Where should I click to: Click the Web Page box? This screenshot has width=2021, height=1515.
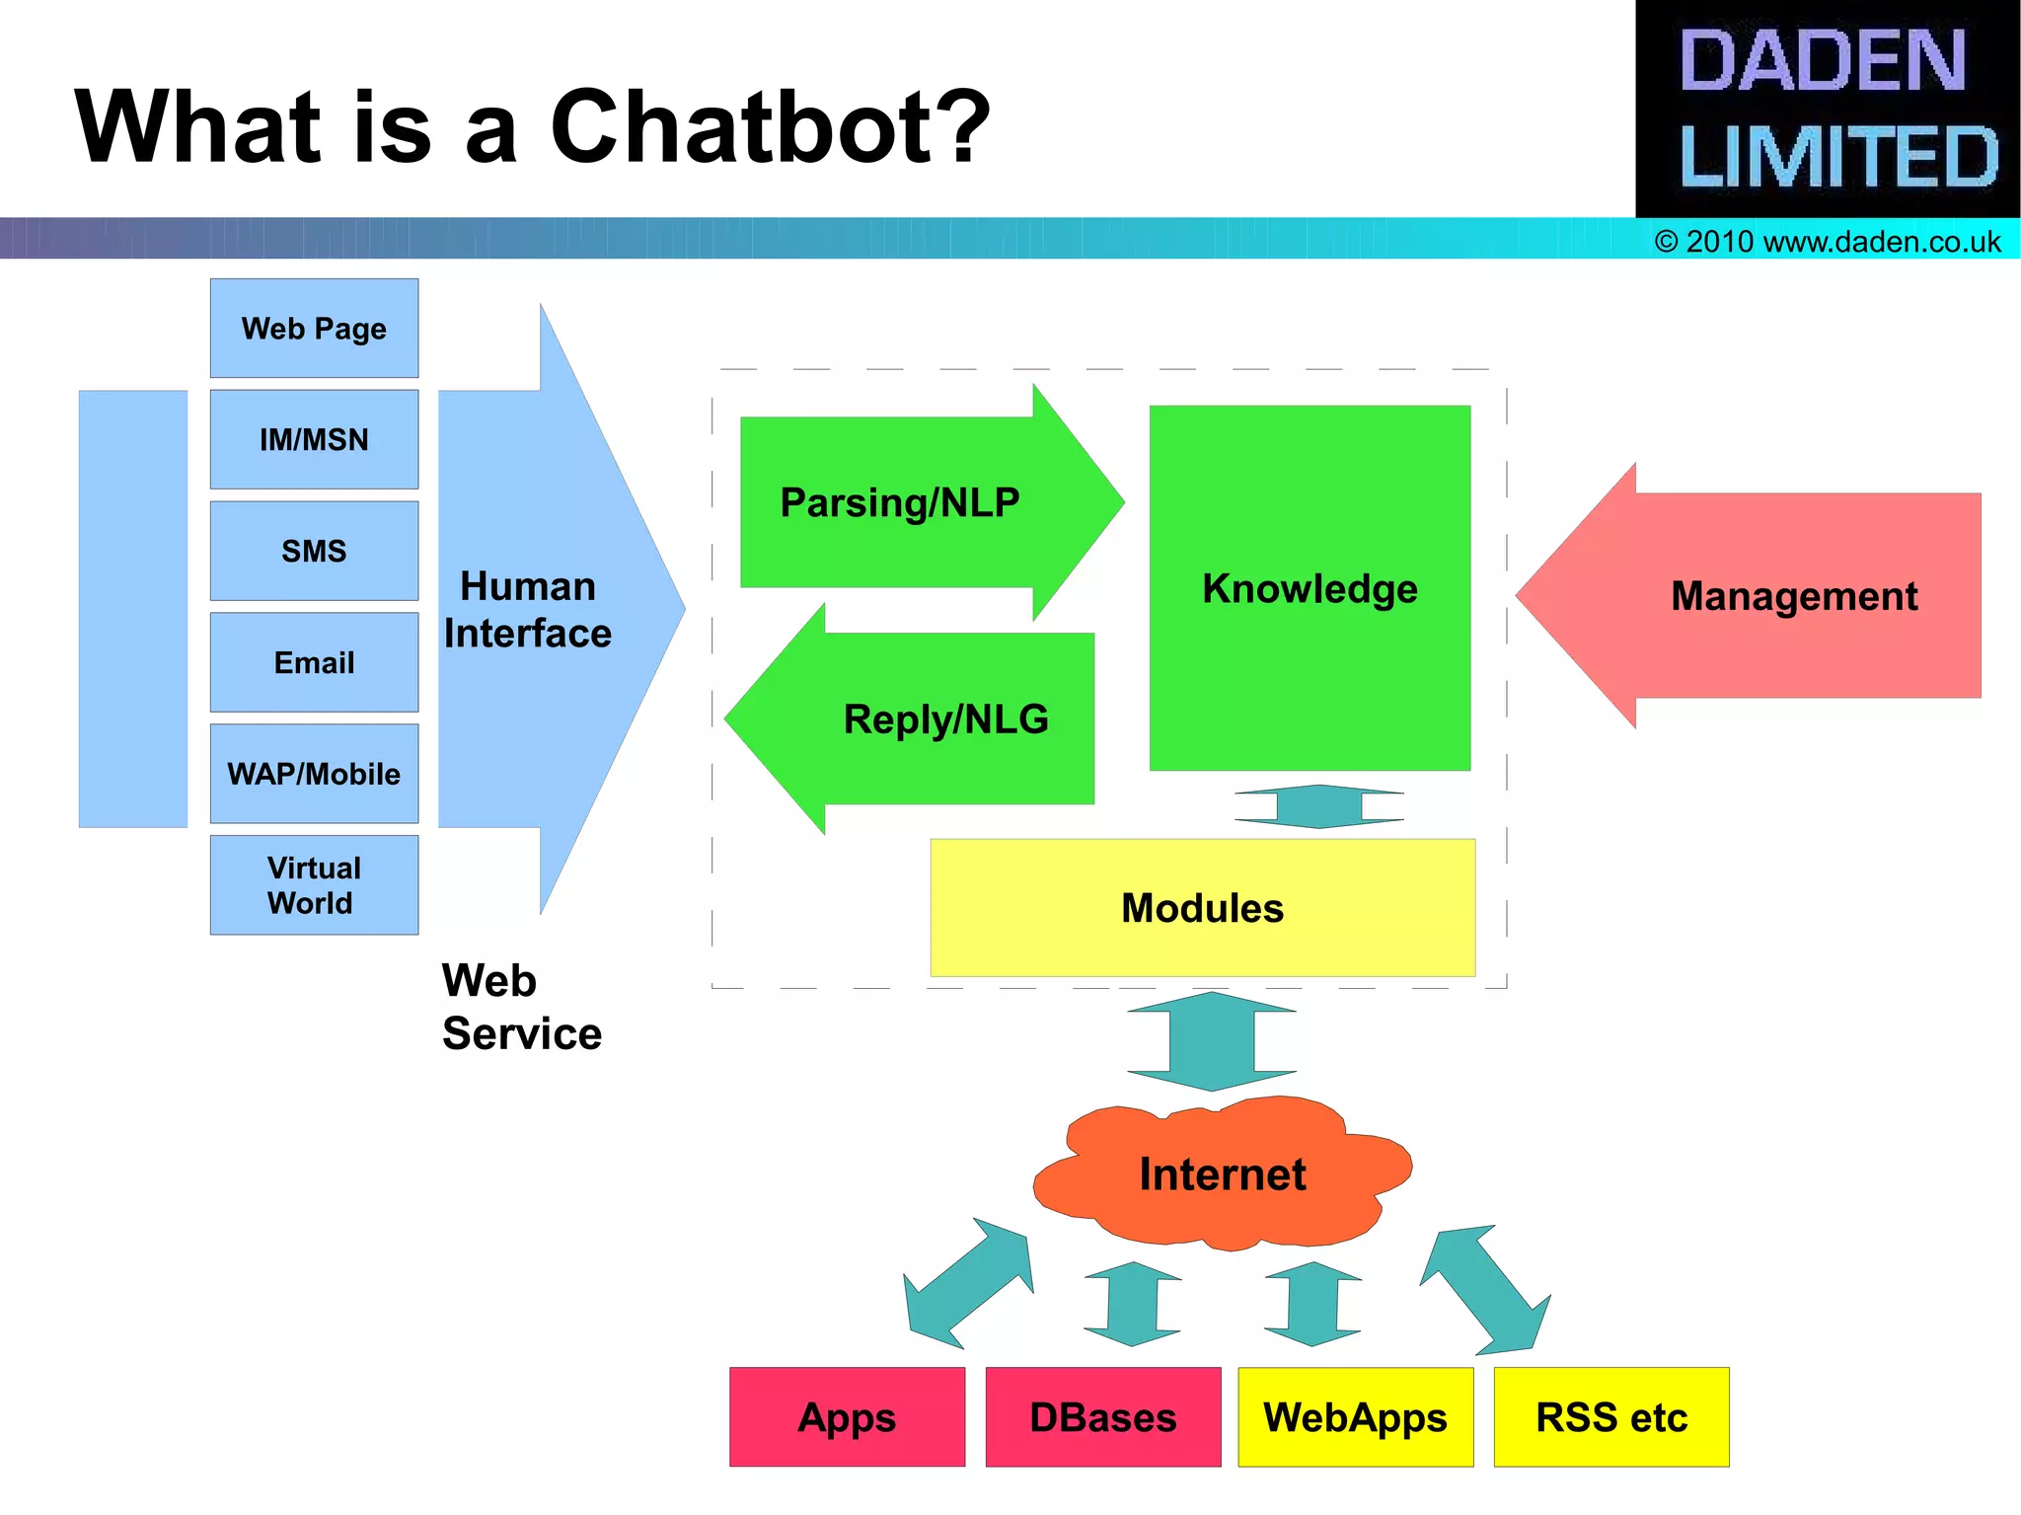pyautogui.click(x=314, y=328)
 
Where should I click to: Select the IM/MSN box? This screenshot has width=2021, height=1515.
pyautogui.click(x=314, y=439)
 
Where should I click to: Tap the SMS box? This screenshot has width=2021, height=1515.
pyautogui.click(x=314, y=551)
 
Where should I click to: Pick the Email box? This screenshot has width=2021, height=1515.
pyautogui.click(x=314, y=662)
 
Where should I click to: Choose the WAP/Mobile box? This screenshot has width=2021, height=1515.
pyautogui.click(x=314, y=774)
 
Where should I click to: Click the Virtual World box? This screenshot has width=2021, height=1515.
pyautogui.click(x=314, y=885)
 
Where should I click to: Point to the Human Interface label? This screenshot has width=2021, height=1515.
pyautogui.click(x=528, y=610)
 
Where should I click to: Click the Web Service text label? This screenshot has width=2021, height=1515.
pyautogui.click(x=521, y=1007)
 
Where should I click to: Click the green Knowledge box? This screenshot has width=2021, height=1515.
pyautogui.click(x=1310, y=588)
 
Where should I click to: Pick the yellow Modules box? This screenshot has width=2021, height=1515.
pyautogui.click(x=1202, y=908)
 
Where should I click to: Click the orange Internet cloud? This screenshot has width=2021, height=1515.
pyautogui.click(x=1222, y=1174)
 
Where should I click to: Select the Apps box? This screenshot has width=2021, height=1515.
pyautogui.click(x=847, y=1417)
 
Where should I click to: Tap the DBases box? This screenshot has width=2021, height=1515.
pyautogui.click(x=1102, y=1417)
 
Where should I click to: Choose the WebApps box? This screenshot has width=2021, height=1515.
pyautogui.click(x=1355, y=1417)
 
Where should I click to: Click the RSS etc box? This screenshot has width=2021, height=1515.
pyautogui.click(x=1610, y=1417)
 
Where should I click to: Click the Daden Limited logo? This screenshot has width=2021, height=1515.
pyautogui.click(x=1828, y=109)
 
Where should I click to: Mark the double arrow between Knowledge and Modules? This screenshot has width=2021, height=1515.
pyautogui.click(x=1319, y=806)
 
